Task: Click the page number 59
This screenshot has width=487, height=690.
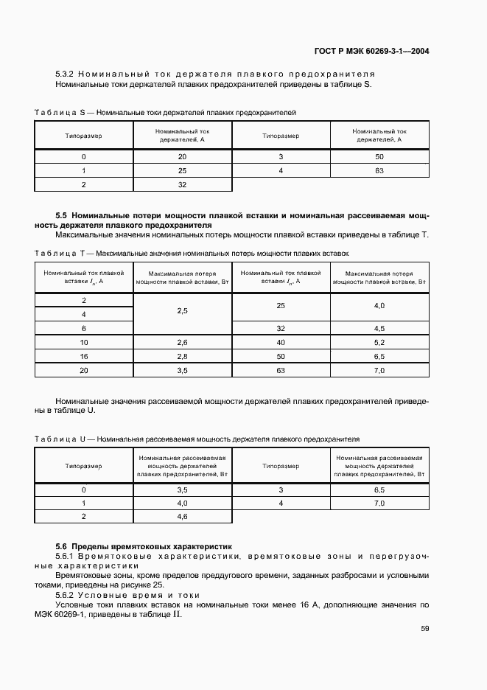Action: pyautogui.click(x=424, y=628)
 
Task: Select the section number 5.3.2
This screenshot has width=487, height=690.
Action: pyautogui.click(x=65, y=74)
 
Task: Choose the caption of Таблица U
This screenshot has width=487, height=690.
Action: pyautogui.click(x=196, y=439)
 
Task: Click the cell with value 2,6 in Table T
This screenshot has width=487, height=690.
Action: pyautogui.click(x=183, y=342)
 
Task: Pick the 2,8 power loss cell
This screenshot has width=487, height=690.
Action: pyautogui.click(x=183, y=356)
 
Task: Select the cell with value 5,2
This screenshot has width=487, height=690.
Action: pyautogui.click(x=379, y=342)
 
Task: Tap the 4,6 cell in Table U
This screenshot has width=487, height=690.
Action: pyautogui.click(x=183, y=517)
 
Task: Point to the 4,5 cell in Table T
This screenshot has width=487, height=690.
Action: pyautogui.click(x=379, y=328)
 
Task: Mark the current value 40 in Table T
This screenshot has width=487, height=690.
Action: pyautogui.click(x=281, y=342)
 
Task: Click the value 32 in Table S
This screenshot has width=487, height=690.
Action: pyautogui.click(x=183, y=184)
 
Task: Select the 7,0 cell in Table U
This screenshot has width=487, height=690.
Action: pyautogui.click(x=379, y=503)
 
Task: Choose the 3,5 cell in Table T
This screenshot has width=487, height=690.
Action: pyautogui.click(x=183, y=370)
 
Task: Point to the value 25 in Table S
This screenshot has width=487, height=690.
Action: pyautogui.click(x=183, y=171)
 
